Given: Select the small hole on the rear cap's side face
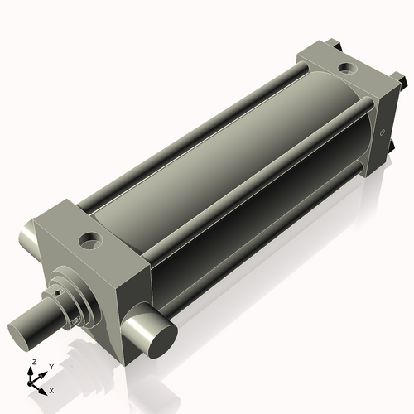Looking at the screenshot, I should click(x=382, y=131).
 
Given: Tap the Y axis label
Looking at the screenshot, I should click(x=51, y=366).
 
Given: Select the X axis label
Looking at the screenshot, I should click(x=52, y=389).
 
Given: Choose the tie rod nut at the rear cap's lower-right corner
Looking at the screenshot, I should click(x=391, y=150).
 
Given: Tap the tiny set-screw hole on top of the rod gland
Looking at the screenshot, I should click(x=58, y=291).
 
